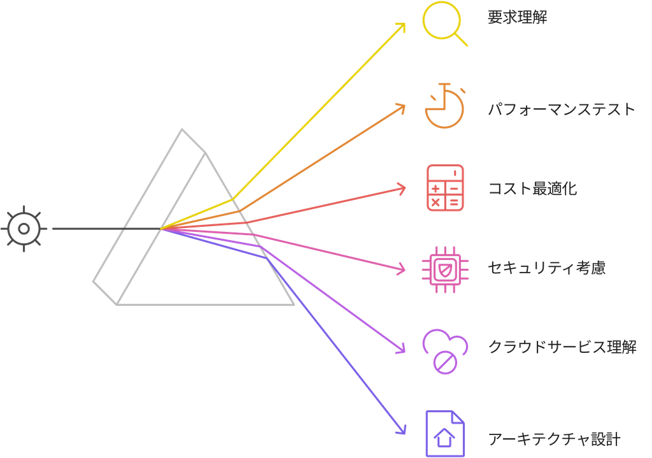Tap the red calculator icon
[444, 188]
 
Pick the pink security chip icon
[444, 268]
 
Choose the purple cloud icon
[445, 351]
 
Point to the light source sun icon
[24, 229]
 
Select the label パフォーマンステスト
[562, 109]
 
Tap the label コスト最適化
[532, 189]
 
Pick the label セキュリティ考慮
[546, 268]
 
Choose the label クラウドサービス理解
[562, 347]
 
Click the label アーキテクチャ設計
[554, 439]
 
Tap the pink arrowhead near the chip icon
[402, 270]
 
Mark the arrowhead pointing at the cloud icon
[402, 349]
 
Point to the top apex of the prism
[183, 129]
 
